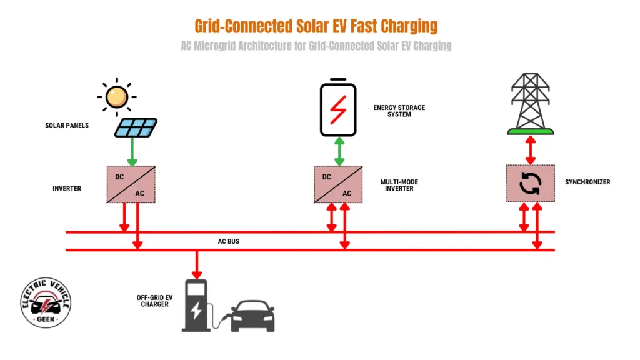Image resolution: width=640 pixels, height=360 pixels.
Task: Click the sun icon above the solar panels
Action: tap(117, 97)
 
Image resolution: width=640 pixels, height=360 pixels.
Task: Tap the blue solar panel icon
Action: tap(136, 127)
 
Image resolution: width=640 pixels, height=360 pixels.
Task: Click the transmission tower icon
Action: tap(530, 103)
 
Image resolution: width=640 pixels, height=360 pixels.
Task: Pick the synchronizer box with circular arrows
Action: tap(530, 184)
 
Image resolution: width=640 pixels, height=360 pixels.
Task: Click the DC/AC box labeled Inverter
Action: tap(131, 184)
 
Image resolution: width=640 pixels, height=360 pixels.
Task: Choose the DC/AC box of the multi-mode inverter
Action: tap(338, 184)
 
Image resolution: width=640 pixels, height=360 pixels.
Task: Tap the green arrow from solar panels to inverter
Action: tap(132, 152)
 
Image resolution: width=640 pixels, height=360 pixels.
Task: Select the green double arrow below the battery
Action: tap(339, 151)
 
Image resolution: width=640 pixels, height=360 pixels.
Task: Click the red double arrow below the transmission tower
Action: tap(530, 150)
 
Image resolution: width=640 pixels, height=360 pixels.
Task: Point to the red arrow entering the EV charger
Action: tap(197, 264)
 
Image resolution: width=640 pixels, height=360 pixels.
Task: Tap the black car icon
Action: tap(252, 316)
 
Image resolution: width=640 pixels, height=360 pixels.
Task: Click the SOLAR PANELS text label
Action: tap(67, 126)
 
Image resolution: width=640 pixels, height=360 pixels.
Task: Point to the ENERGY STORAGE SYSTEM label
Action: tap(399, 111)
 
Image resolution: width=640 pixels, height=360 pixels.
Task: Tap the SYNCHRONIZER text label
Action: tap(587, 182)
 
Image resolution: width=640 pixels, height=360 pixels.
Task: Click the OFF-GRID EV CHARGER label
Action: tap(153, 301)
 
